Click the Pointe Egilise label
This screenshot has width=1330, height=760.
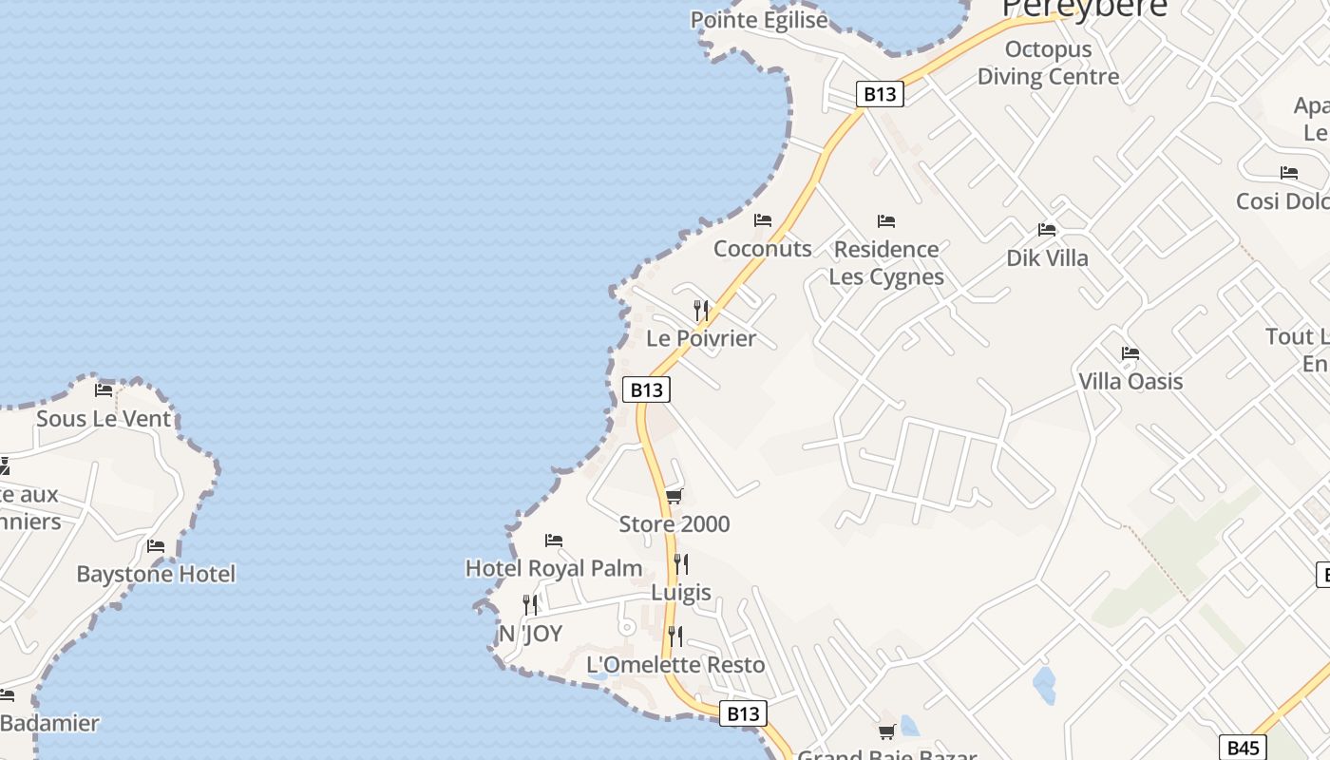pyautogui.click(x=759, y=20)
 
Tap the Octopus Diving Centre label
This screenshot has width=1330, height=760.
pyautogui.click(x=1048, y=63)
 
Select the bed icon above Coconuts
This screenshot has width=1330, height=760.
pyautogui.click(x=763, y=220)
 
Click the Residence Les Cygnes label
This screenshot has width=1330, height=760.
pyautogui.click(x=886, y=262)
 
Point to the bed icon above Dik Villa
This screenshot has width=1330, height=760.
pyautogui.click(x=1047, y=230)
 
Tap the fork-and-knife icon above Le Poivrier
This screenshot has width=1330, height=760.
pyautogui.click(x=701, y=310)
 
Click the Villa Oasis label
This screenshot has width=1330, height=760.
pyautogui.click(x=1130, y=381)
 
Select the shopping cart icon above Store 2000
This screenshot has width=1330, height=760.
pyautogui.click(x=674, y=496)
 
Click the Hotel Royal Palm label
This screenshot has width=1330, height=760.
pyautogui.click(x=554, y=568)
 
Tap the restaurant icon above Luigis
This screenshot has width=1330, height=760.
pyautogui.click(x=680, y=564)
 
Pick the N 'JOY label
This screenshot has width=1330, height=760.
pyautogui.click(x=531, y=634)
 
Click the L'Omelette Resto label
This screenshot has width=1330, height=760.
pyautogui.click(x=675, y=664)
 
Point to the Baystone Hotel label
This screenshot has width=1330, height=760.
pyautogui.click(x=156, y=574)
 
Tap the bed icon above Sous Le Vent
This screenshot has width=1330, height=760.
pyautogui.click(x=104, y=389)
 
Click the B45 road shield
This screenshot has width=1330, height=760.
pyautogui.click(x=1243, y=748)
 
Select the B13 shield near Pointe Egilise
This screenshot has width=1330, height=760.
pyautogui.click(x=879, y=94)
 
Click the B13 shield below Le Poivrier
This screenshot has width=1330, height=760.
pyautogui.click(x=646, y=389)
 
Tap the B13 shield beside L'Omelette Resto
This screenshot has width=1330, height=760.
pyautogui.click(x=743, y=713)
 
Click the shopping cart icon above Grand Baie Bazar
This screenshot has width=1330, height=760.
pyautogui.click(x=887, y=731)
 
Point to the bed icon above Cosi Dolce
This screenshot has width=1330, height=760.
pyautogui.click(x=1289, y=173)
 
